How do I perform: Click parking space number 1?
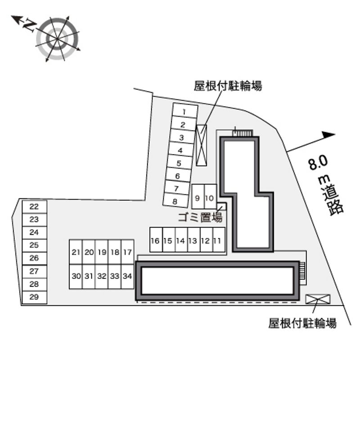click(x=185, y=111)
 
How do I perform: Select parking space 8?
click(x=175, y=201)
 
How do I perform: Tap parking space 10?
click(x=211, y=197)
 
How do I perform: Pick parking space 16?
click(x=156, y=240)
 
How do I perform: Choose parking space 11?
click(x=219, y=240)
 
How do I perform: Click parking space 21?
click(x=76, y=252)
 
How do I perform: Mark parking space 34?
click(x=128, y=276)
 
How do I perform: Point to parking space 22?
click(x=34, y=207)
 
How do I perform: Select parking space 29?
click(x=34, y=297)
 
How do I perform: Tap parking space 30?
click(x=76, y=276)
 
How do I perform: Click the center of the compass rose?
click(x=57, y=39)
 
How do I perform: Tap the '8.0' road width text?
click(x=318, y=162)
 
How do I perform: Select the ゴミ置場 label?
click(x=200, y=217)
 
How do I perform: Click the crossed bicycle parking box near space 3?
click(x=201, y=145)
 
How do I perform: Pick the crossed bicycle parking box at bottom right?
click(x=318, y=299)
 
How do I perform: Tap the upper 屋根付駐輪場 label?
click(x=228, y=86)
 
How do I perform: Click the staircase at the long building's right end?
click(x=302, y=270)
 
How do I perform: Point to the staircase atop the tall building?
click(x=243, y=133)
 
